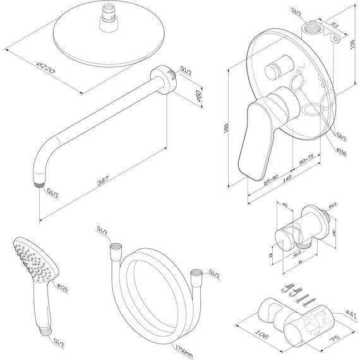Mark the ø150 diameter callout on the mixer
coord(342,151)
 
